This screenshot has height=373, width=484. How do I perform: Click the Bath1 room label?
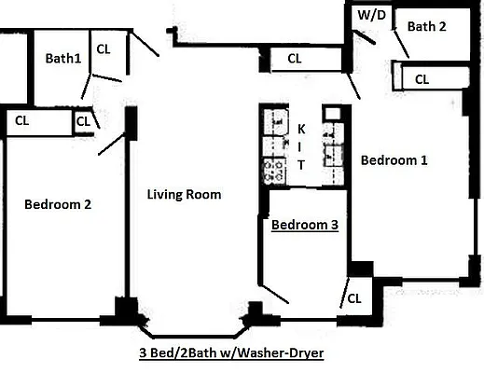click(63, 58)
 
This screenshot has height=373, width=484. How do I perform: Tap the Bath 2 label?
click(426, 26)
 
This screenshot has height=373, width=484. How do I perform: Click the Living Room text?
click(184, 195)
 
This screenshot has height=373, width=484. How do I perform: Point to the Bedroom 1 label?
click(394, 159)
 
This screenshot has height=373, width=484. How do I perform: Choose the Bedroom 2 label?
click(57, 204)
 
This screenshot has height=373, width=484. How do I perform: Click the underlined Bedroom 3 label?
click(304, 225)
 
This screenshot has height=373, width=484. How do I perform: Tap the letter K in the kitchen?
click(301, 128)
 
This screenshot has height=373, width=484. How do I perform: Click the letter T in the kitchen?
click(301, 165)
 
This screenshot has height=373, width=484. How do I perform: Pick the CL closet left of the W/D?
click(295, 59)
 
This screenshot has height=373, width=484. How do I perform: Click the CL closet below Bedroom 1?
click(353, 298)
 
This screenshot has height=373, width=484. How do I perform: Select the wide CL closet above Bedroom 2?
click(22, 119)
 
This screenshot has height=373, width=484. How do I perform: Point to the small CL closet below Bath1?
click(82, 120)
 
